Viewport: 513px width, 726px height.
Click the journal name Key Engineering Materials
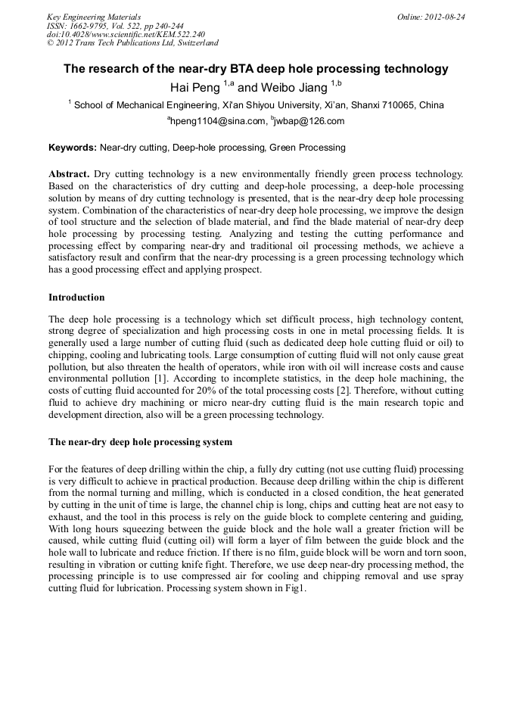pos(94,17)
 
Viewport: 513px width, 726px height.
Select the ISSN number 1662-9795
pos(89,26)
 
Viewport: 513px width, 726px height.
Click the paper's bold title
pos(256,69)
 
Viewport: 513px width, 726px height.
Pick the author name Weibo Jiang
pos(292,87)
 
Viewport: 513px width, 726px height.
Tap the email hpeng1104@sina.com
pos(219,121)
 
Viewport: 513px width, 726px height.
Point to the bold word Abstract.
pos(69,174)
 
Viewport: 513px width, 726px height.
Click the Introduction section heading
pos(76,298)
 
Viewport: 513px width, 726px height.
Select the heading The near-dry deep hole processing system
pos(140,441)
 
